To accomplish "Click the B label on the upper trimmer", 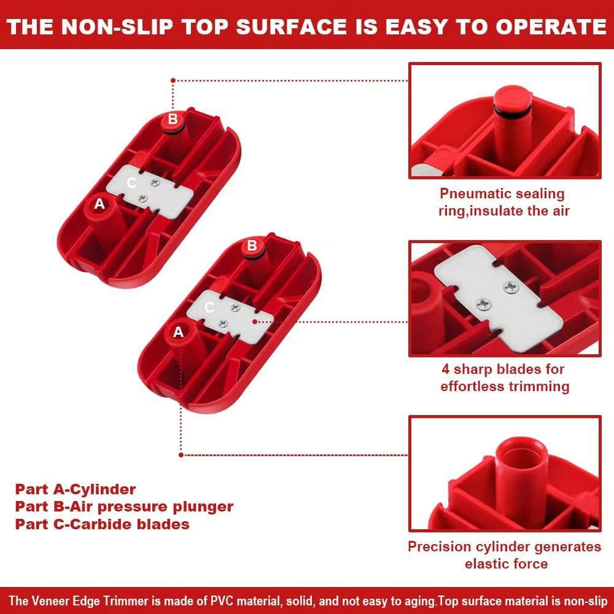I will (173, 119).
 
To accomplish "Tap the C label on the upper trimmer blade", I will (131, 182).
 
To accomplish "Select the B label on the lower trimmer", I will (251, 246).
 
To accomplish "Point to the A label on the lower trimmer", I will (179, 332).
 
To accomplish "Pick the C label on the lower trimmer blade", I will (209, 308).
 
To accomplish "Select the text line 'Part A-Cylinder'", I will (76, 489).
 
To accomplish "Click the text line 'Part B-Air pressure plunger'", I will (124, 507).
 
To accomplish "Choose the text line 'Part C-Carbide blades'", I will (102, 524).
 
